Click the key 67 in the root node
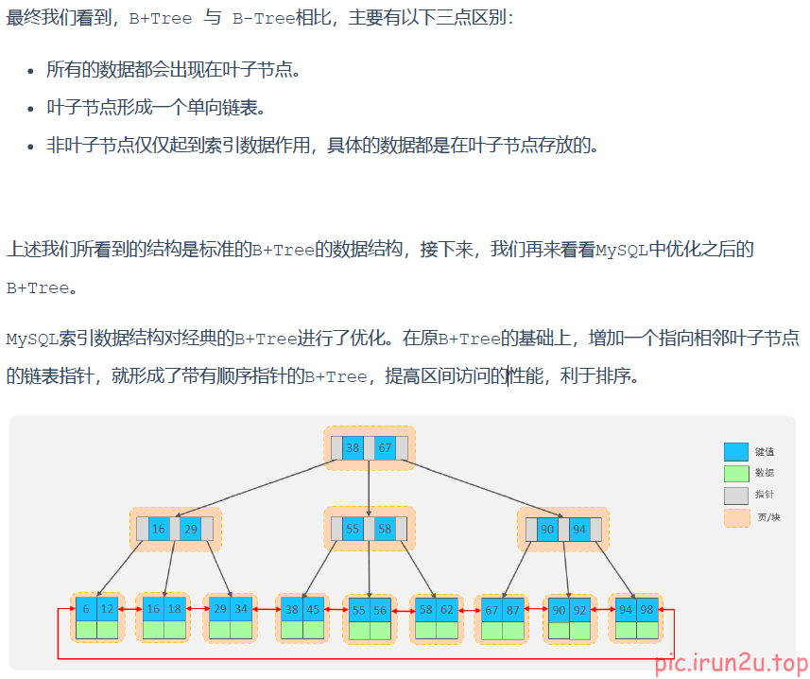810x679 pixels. [385, 447]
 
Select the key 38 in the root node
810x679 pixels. [353, 447]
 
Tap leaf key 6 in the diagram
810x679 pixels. [86, 609]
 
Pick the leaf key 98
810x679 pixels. [646, 609]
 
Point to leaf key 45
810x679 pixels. [313, 609]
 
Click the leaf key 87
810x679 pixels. [512, 609]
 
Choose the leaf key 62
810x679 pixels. [446, 609]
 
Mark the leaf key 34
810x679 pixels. [241, 609]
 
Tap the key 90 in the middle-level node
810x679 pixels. [546, 530]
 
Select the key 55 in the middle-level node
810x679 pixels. [353, 530]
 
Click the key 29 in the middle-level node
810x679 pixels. [190, 530]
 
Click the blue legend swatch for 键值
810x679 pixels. [735, 452]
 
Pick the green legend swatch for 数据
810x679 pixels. [735, 474]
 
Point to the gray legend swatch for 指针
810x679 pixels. [735, 496]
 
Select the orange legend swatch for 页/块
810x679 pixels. [735, 517]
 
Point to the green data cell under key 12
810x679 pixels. [108, 629]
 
